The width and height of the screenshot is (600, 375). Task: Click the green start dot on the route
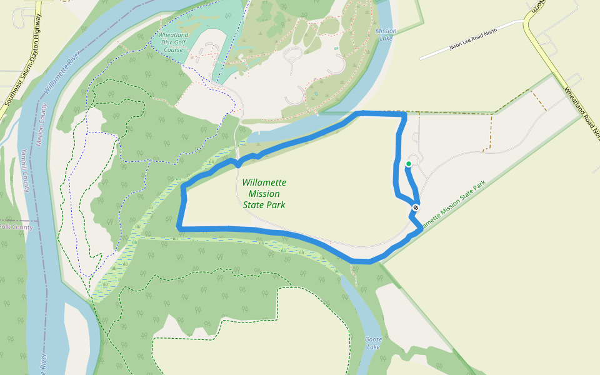pyautogui.click(x=409, y=164)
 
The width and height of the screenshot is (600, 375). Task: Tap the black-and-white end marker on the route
pyautogui.click(x=416, y=207)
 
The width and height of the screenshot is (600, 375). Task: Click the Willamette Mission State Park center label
pyautogui.click(x=264, y=193)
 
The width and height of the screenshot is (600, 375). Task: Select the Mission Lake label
pyautogui.click(x=386, y=34)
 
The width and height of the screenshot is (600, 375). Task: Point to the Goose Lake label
pyautogui.click(x=373, y=343)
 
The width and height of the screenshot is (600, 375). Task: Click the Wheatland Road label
pyautogui.click(x=581, y=112)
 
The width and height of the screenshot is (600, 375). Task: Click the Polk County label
pyautogui.click(x=15, y=227)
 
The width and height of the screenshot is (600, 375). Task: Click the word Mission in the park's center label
pyautogui.click(x=264, y=194)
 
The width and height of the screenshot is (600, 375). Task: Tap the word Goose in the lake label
pyautogui.click(x=373, y=339)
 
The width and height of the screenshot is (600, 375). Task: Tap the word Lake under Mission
pyautogui.click(x=386, y=39)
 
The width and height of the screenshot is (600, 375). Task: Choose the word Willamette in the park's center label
pyautogui.click(x=264, y=182)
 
